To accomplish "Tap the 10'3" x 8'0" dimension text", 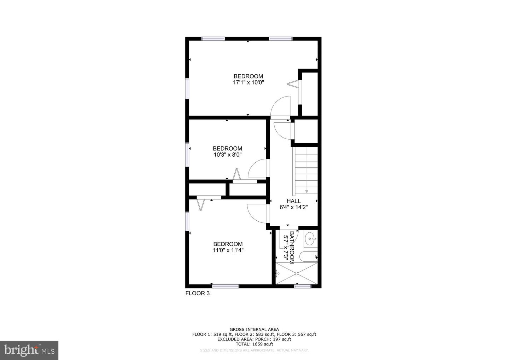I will (x=227, y=155).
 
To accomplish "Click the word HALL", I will (x=294, y=201).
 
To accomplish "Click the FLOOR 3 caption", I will (x=198, y=293).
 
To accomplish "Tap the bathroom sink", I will (x=310, y=239).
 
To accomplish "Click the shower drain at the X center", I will (x=297, y=273).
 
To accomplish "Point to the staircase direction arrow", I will (x=306, y=191).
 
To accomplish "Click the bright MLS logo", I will (x=29, y=350).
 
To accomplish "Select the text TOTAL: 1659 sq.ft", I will (x=254, y=344).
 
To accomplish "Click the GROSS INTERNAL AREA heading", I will (x=254, y=329).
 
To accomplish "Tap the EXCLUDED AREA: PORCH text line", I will (x=254, y=339).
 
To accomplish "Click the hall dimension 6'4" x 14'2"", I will (x=294, y=208).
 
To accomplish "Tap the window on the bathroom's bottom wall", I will (x=303, y=286).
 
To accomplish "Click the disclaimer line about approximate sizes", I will (x=254, y=350).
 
